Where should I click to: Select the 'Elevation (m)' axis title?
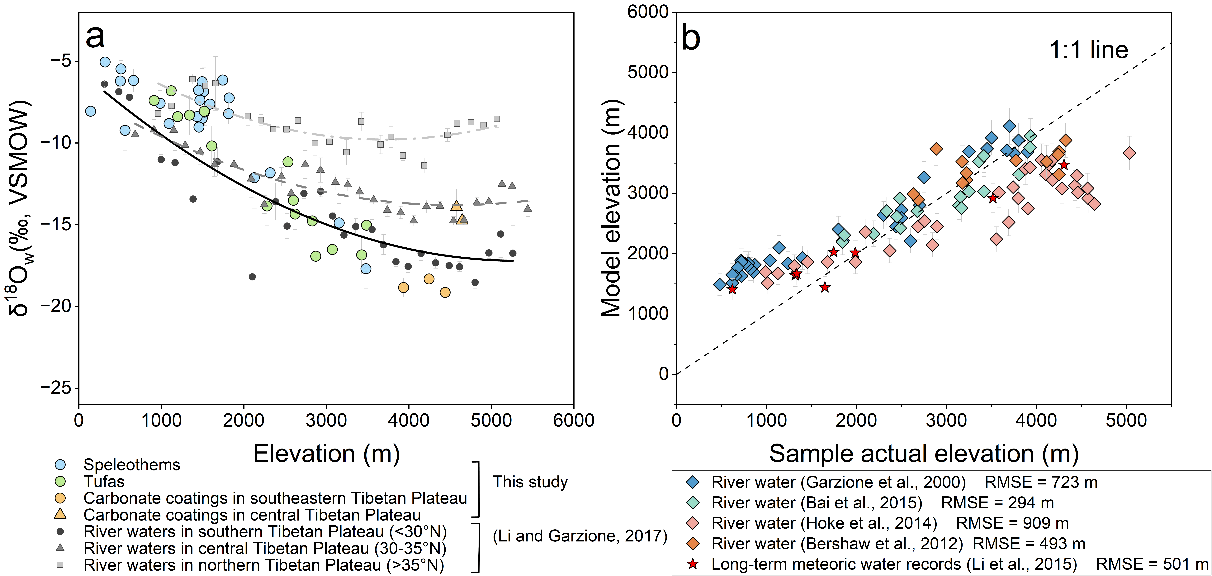327,454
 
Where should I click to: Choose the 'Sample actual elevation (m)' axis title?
924,454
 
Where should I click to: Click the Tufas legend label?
104,481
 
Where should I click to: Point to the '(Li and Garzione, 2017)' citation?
580,536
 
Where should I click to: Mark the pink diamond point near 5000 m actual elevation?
1129,153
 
